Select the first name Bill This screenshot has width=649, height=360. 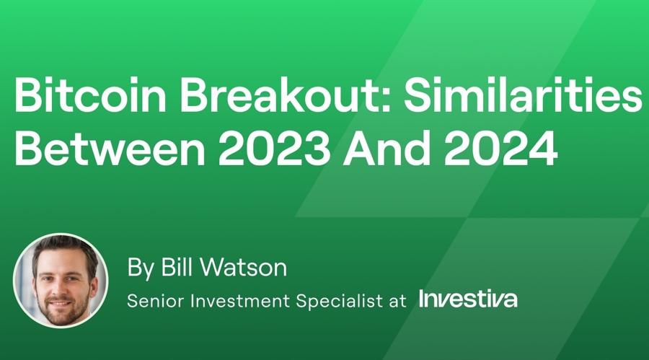pyautogui.click(x=176, y=268)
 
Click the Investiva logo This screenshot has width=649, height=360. pyautogui.click(x=468, y=299)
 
